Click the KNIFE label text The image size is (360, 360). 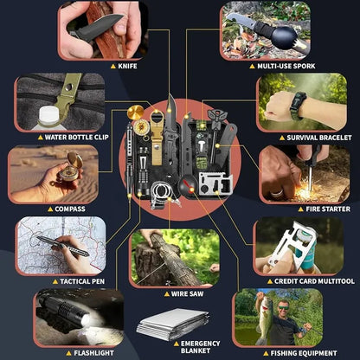pos(127,66)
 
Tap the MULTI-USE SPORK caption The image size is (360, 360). pos(286,66)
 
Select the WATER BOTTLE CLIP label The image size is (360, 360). pos(76,137)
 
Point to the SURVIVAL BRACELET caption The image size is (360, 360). pos(319,138)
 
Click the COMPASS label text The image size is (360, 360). pos(70,209)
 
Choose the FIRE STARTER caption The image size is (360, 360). pos(328,209)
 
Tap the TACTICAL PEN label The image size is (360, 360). pos(82,281)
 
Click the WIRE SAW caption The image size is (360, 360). pos(187,294)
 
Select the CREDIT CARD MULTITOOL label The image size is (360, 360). pos(314,281)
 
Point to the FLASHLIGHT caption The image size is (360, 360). pos(93,353)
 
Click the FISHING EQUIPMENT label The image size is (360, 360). pos(304,353)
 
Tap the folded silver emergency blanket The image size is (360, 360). pos(173,324)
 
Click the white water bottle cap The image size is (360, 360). pos(48,116)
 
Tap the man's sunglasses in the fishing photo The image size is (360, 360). pos(283,308)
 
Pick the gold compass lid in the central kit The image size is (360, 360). pos(136,112)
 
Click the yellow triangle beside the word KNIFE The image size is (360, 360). pos(113,67)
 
